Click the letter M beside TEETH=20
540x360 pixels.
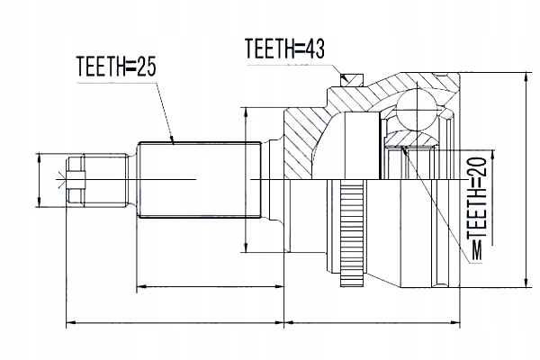tap(478, 245)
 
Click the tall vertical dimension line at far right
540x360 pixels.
tap(526, 180)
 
